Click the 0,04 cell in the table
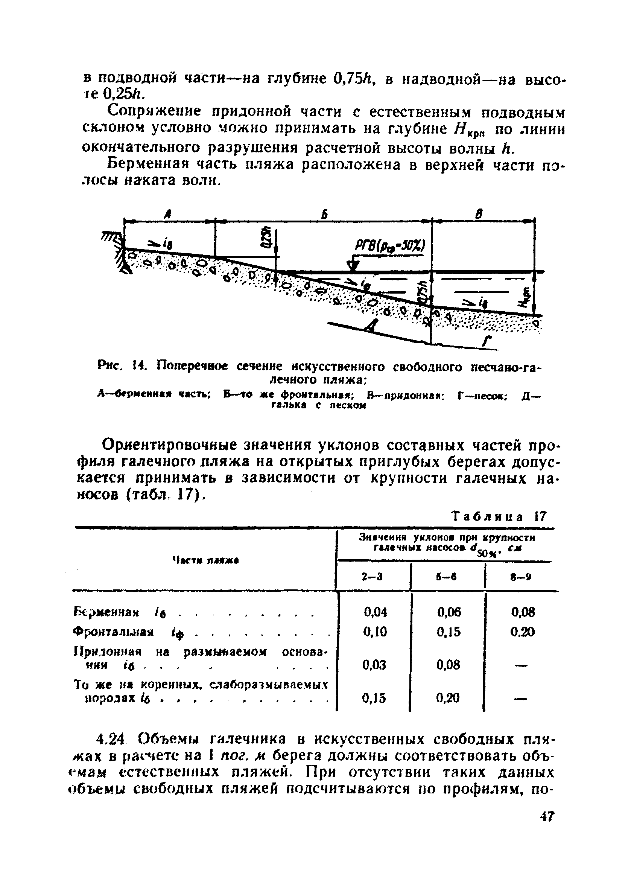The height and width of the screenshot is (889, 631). click(x=376, y=612)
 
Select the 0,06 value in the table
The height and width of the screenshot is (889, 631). click(x=449, y=612)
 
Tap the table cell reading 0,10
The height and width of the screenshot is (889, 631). click(x=376, y=632)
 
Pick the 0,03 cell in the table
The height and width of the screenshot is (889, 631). click(x=374, y=665)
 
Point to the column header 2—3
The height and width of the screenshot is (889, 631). click(x=372, y=577)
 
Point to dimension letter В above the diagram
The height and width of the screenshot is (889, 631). click(x=480, y=214)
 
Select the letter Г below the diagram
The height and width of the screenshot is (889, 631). click(x=486, y=342)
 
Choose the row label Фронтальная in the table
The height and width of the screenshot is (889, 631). click(x=114, y=632)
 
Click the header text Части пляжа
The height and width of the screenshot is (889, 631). click(x=205, y=560)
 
